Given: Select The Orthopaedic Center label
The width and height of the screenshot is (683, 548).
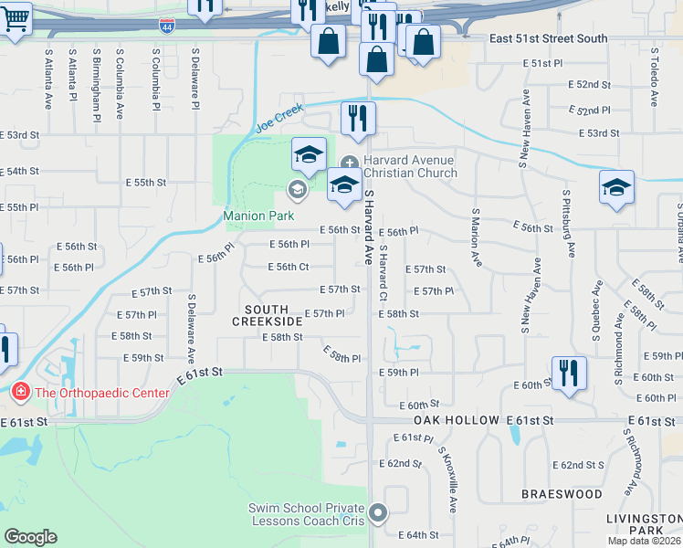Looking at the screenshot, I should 101,394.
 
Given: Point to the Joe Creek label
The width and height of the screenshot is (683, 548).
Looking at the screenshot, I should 277,120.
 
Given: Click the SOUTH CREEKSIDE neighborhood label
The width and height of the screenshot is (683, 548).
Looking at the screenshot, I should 267,316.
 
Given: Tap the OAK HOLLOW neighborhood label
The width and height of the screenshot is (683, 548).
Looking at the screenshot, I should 456,420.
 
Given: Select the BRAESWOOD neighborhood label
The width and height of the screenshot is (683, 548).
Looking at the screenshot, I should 562,494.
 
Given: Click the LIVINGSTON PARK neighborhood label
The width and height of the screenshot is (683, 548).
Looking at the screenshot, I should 645,524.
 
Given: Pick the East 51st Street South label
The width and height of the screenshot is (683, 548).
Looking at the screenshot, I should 548,38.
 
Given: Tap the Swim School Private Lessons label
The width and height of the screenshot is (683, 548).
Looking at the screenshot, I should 307,514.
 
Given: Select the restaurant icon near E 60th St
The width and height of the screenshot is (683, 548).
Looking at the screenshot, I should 569,374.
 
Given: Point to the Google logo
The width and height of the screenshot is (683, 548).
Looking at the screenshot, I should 30,537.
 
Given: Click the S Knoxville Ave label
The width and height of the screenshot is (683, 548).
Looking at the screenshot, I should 447,479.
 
